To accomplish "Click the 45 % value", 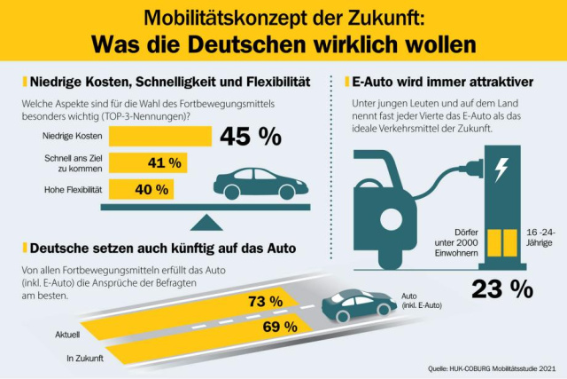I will tap(251, 136).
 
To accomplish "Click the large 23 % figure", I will tap(501, 288).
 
